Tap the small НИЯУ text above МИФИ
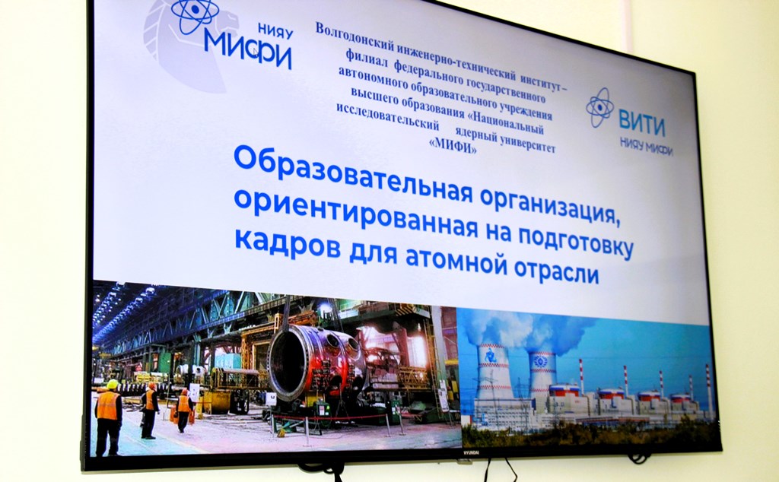pos(275,30)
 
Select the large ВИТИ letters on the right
pos(641,124)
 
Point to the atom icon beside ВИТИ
pos(599,106)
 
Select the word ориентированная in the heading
pos(356,213)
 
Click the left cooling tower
pos(494,373)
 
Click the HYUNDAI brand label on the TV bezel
pos(470,452)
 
